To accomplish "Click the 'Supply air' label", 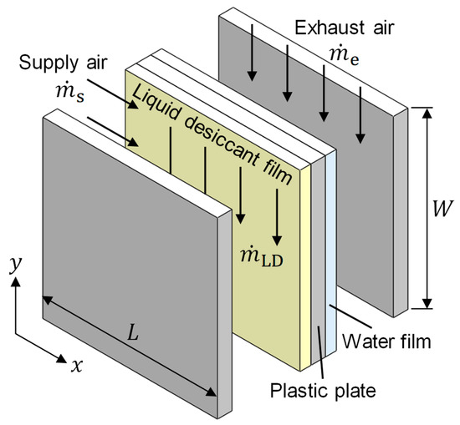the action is tap(63, 63).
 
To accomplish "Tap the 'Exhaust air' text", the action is tap(345, 28).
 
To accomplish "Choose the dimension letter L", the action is tap(133, 332).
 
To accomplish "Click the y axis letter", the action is tap(15, 265).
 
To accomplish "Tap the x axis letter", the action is tap(77, 365).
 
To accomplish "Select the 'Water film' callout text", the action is tap(387, 342).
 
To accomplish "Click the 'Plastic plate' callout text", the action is tap(323, 391).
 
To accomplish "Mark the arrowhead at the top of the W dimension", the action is tap(428, 113).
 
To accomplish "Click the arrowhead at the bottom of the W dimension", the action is tap(428, 303).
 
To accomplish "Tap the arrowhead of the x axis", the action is tap(62, 358).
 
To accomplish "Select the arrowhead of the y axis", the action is tap(15, 281).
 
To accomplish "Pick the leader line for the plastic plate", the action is tap(320, 352).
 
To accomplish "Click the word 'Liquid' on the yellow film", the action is tap(156, 102).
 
